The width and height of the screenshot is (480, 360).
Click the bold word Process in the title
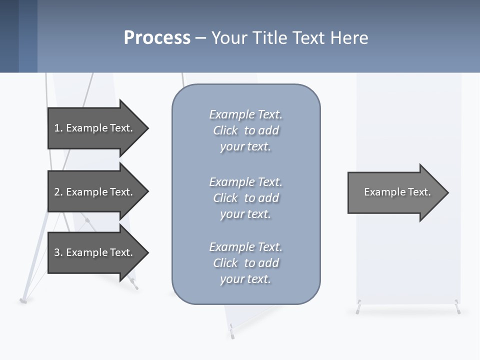tap(157, 38)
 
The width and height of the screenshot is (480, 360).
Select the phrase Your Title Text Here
tap(289, 38)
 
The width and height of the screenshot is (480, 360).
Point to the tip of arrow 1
tap(147, 128)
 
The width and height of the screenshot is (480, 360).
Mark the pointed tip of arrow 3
tap(147, 252)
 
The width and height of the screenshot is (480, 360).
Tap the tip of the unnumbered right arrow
tap(447, 192)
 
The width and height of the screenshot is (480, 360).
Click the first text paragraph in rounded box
tap(245, 130)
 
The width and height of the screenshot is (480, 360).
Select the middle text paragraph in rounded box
tap(245, 198)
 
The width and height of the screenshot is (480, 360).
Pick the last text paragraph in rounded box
tap(245, 263)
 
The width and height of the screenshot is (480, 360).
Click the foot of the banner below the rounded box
tap(231, 330)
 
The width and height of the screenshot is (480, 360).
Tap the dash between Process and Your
tap(200, 38)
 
